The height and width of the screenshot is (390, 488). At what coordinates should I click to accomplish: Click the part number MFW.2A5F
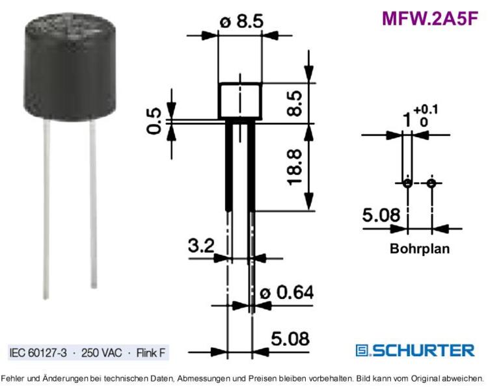point(430,18)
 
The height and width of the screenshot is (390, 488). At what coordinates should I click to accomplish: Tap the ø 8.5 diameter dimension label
point(241,21)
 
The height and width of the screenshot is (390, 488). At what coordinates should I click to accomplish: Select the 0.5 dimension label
point(154,121)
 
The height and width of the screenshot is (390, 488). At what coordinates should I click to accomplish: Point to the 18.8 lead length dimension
point(295,167)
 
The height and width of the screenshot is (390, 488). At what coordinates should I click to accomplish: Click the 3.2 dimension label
point(201,246)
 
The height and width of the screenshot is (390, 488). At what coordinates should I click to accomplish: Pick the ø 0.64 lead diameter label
point(287,292)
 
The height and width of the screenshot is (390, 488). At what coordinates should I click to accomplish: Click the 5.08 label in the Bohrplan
point(381,215)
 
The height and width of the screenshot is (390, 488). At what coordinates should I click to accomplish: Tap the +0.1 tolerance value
point(426,109)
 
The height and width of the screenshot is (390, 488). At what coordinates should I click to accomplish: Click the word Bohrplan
point(420,248)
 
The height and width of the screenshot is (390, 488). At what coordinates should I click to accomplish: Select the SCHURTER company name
point(424,350)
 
